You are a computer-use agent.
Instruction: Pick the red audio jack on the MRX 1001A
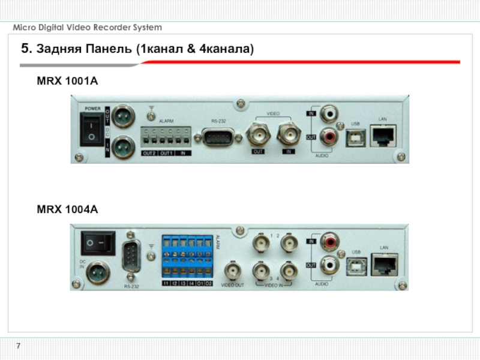(328, 136)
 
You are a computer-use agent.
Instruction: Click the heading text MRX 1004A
(67, 209)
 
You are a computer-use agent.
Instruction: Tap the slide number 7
(18, 346)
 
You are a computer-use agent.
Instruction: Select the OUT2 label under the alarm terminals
(149, 153)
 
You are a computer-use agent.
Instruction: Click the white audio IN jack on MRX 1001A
(328, 113)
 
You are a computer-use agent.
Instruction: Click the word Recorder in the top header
(113, 28)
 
